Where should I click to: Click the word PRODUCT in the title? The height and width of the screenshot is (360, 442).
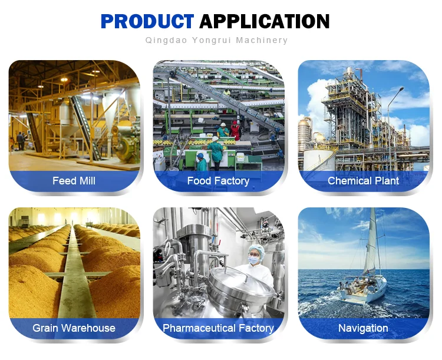[x=147, y=21]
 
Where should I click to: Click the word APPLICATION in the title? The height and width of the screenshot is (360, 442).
[x=265, y=21]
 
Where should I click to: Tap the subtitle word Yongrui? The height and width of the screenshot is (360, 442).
[x=212, y=40]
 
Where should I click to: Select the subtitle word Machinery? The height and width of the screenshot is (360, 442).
[x=262, y=40]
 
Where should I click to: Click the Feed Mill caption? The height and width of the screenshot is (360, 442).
[x=74, y=181]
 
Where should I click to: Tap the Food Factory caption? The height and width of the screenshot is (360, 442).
[x=218, y=181]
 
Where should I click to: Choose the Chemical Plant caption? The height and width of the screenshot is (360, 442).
[x=363, y=181]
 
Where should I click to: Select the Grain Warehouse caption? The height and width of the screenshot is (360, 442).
[x=74, y=328]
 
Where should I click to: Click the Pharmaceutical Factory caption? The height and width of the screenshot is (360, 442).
[x=218, y=328]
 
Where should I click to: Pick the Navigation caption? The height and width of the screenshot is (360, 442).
[x=363, y=328]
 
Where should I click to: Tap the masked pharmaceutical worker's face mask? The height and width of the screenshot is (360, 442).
[x=253, y=260]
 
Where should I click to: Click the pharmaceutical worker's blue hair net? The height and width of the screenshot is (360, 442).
[x=258, y=250]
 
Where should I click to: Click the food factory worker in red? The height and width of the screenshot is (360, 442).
[x=236, y=131]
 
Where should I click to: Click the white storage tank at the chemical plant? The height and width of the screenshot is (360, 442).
[x=319, y=160]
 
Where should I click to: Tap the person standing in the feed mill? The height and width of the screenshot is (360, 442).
[x=20, y=141]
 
